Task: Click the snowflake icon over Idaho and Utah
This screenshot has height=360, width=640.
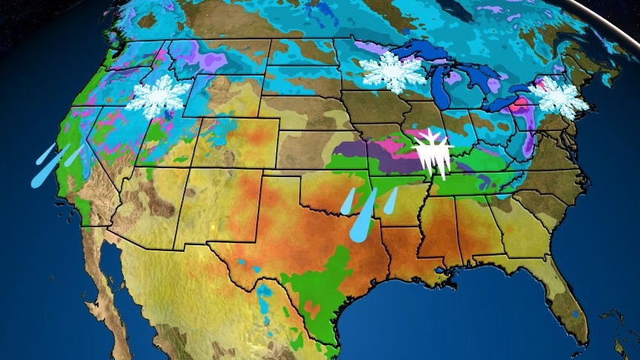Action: click(157, 96)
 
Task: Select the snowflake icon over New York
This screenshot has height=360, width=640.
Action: click(559, 97)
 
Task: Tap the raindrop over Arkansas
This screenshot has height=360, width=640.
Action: click(390, 199)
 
